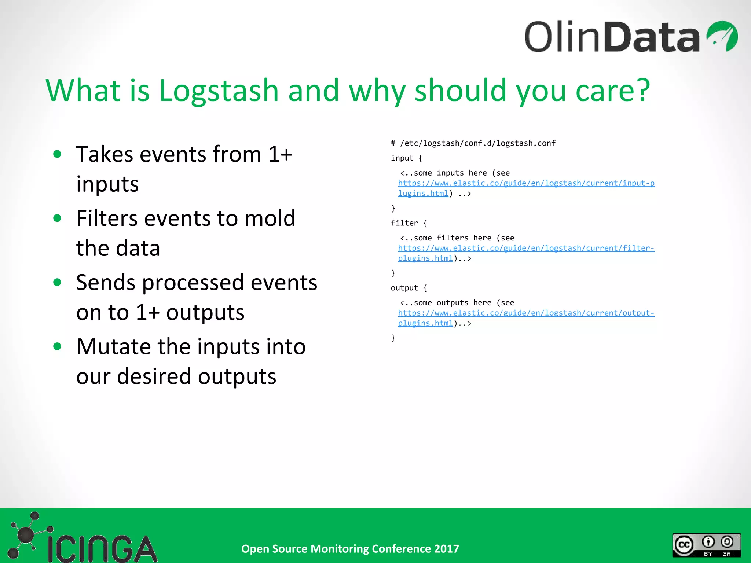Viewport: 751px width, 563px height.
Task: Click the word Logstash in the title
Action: tap(219, 91)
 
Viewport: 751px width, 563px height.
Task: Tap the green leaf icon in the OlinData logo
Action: tap(722, 36)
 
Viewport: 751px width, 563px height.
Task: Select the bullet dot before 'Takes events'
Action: tap(57, 154)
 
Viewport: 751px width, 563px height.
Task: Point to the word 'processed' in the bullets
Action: tap(193, 283)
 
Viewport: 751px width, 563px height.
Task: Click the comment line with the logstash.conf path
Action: tap(473, 143)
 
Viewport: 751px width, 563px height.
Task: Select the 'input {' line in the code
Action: tap(406, 158)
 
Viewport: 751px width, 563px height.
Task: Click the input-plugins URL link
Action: tap(526, 183)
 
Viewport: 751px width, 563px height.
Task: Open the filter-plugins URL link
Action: tap(526, 248)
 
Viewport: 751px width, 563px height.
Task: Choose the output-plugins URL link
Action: tap(526, 313)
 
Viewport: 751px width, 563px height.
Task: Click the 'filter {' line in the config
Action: tap(409, 223)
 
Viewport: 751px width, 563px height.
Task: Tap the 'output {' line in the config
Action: tap(409, 288)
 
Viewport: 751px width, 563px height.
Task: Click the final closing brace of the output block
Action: tap(393, 338)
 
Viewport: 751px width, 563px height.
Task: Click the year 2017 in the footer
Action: tap(446, 549)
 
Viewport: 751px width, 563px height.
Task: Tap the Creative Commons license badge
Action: tap(706, 545)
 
